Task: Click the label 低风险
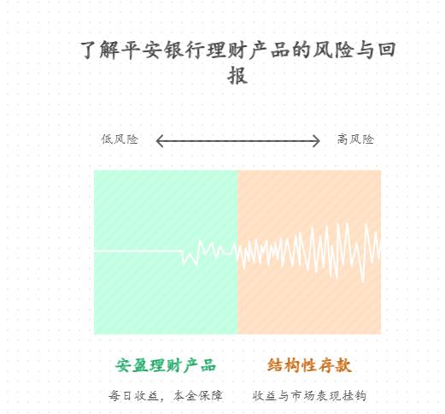pos(120,139)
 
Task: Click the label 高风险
pos(355,139)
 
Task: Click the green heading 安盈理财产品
pos(166,365)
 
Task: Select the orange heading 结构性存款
pos(309,365)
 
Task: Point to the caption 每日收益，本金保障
pos(165,396)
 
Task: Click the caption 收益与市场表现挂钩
pos(309,396)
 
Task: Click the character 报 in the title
pos(237,75)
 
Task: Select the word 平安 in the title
pos(142,50)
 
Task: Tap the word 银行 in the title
pos(184,50)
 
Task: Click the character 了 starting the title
pos(89,50)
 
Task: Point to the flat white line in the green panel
pos(138,251)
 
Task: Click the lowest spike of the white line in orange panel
pos(363,281)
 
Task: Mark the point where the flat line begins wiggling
pos(181,251)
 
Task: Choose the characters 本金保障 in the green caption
pos(197,396)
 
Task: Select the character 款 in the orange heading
pos(343,365)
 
